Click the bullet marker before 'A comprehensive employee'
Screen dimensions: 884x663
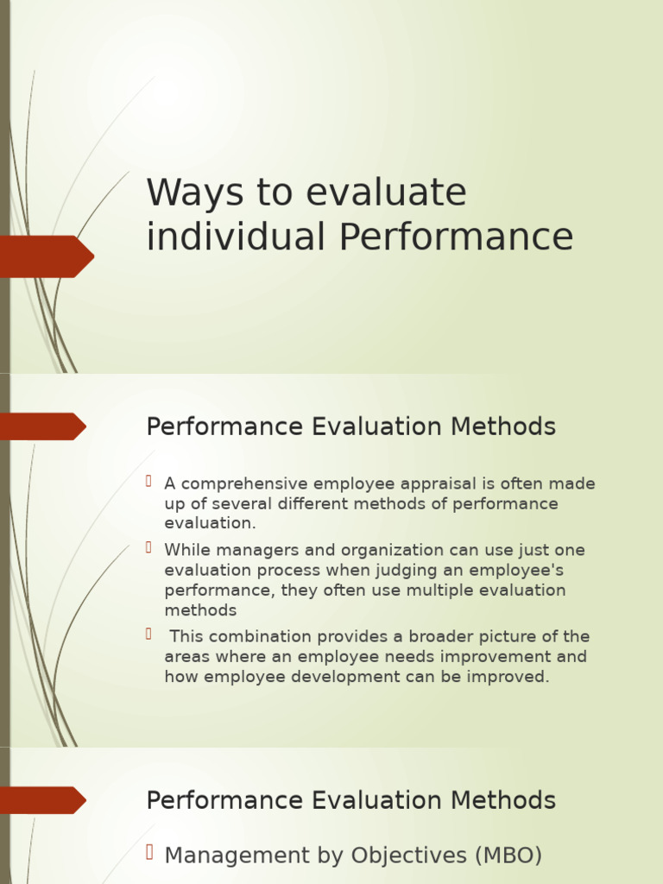click(x=148, y=481)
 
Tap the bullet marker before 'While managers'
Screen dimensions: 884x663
click(x=148, y=547)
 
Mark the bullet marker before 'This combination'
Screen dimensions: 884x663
click(x=148, y=634)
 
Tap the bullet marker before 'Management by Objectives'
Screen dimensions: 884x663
click(x=148, y=853)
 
